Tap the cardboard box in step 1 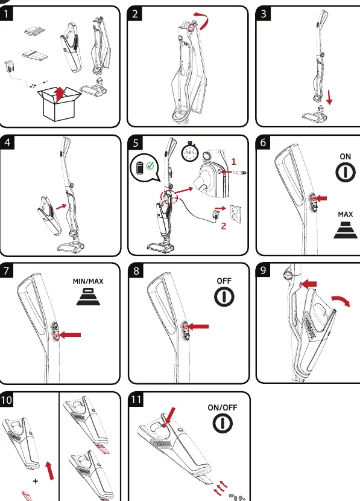(x=59, y=104)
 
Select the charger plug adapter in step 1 (x=8, y=67)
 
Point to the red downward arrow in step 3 (x=329, y=97)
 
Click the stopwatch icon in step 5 (x=189, y=152)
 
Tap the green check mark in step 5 (x=150, y=165)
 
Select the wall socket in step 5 (x=236, y=214)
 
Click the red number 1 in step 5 (x=233, y=161)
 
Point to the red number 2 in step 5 (x=223, y=226)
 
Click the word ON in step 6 (x=346, y=156)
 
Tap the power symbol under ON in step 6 (x=346, y=172)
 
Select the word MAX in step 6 (x=346, y=214)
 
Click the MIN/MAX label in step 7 (x=88, y=281)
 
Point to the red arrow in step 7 (x=70, y=335)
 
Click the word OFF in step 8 (x=224, y=281)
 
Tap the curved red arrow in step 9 (x=341, y=301)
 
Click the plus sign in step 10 (x=36, y=480)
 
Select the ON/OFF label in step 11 (x=223, y=407)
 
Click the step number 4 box (x=7, y=142)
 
